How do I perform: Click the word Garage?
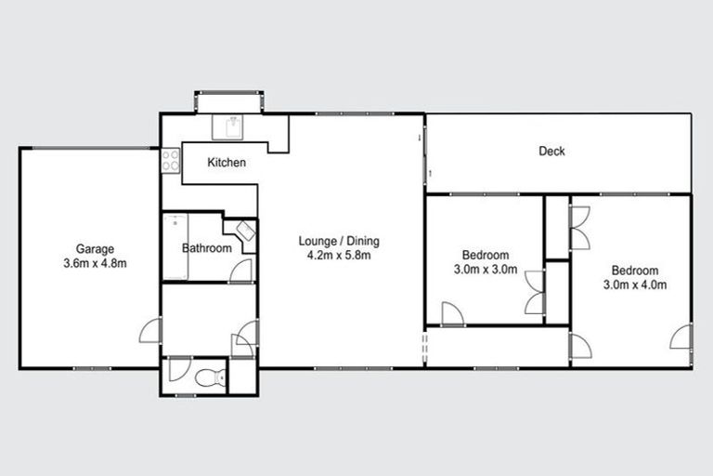95,248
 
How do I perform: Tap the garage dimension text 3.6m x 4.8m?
95,263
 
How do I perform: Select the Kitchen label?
227,163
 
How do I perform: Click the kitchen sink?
228,126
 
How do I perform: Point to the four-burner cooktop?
171,161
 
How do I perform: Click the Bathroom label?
206,248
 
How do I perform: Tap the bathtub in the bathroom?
175,247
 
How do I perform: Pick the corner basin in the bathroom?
244,231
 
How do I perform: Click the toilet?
213,377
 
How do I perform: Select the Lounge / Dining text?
339,242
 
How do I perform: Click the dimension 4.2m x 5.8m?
339,256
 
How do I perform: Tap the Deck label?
551,152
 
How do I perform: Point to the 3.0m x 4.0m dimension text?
635,285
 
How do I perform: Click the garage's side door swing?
150,331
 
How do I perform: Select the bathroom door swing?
241,271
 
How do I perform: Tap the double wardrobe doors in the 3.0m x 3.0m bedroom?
534,292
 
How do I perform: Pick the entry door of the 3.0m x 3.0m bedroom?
452,314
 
